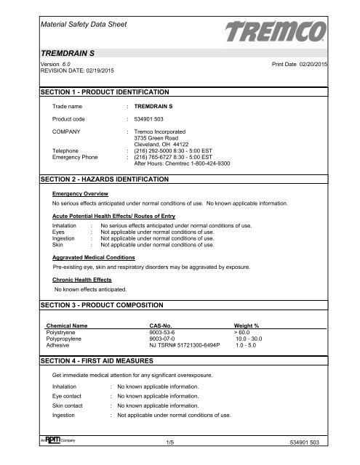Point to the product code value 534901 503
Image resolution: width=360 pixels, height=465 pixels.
[156, 118]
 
